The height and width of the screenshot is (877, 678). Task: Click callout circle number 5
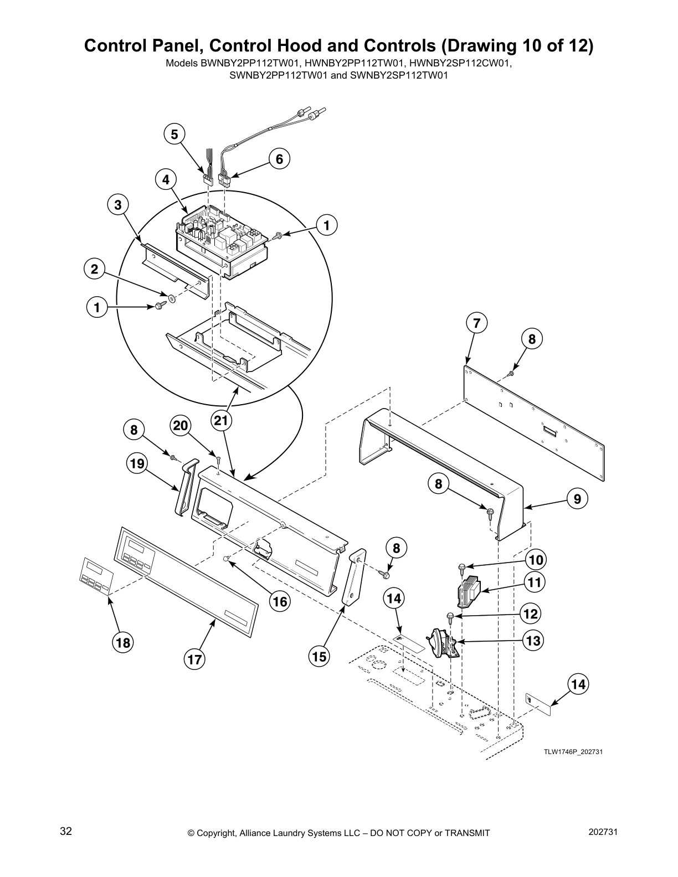pyautogui.click(x=174, y=134)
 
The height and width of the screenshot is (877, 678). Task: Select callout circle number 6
pyautogui.click(x=279, y=159)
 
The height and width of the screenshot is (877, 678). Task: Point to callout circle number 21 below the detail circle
pyautogui.click(x=220, y=421)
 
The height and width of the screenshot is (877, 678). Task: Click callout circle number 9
pyautogui.click(x=577, y=499)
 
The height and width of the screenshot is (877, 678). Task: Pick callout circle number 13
pyautogui.click(x=533, y=641)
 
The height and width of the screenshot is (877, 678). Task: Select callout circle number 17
pyautogui.click(x=194, y=659)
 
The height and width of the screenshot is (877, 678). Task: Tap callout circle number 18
pyautogui.click(x=122, y=642)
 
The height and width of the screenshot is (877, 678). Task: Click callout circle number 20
pyautogui.click(x=181, y=425)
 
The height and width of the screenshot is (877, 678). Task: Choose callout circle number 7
pyautogui.click(x=476, y=323)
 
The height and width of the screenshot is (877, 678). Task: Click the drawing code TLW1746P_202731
pyautogui.click(x=572, y=752)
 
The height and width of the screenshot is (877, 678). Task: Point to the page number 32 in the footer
pyautogui.click(x=66, y=832)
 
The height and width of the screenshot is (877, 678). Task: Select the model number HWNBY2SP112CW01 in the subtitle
pyautogui.click(x=459, y=63)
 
